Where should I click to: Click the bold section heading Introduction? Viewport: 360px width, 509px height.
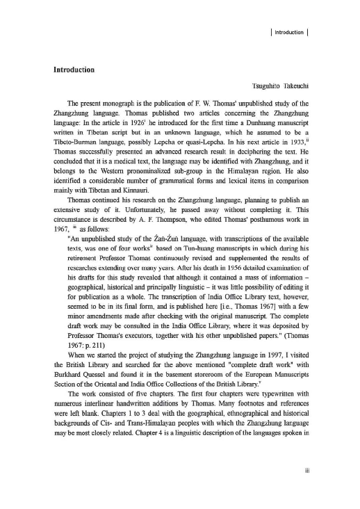pyautogui.click(x=79, y=70)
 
